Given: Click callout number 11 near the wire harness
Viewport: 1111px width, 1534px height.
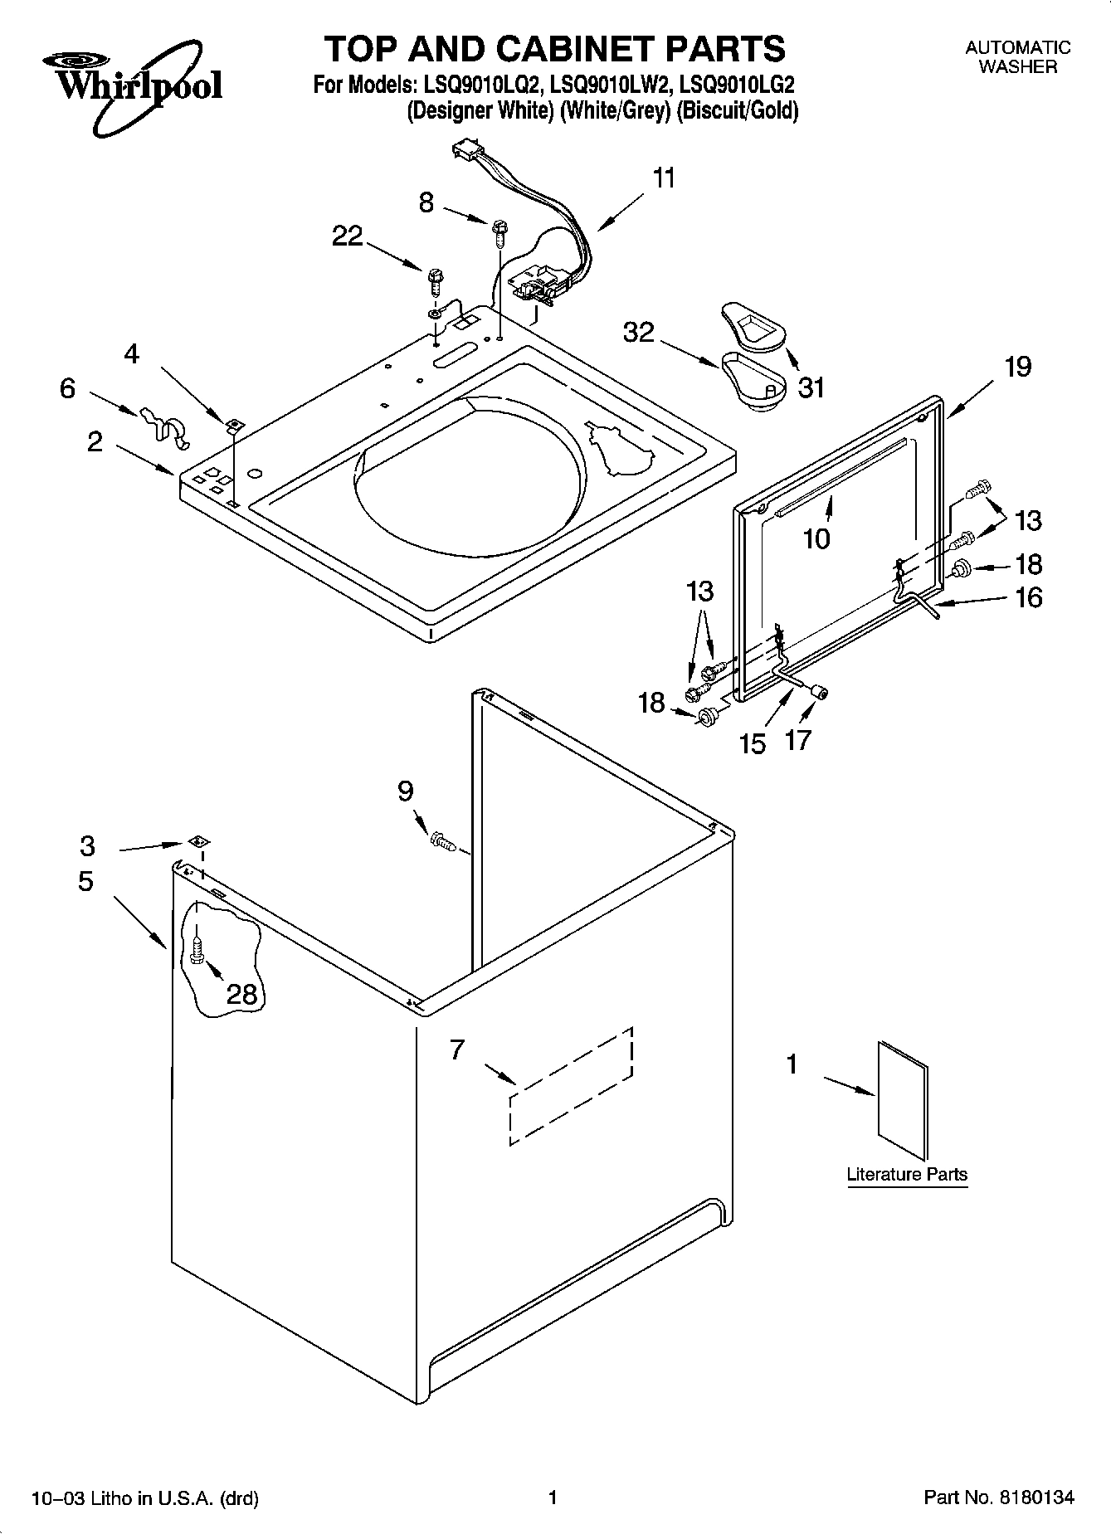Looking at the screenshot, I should coord(664,178).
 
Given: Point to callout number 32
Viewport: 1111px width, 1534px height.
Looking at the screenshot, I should coord(639,333).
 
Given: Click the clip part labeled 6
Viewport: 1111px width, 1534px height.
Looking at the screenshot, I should coord(163,423).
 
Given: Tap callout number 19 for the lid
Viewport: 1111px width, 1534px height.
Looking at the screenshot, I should coord(1017,366).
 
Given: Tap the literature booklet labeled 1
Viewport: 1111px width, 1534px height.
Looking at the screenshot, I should coord(903,1100).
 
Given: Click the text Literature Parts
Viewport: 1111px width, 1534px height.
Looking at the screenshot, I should coord(906,1175).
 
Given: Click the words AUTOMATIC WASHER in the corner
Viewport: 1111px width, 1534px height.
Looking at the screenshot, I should coord(1017,57).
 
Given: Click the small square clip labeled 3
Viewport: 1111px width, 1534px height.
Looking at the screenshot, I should coord(197,841).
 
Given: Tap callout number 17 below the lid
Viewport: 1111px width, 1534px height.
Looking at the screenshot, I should coord(797,740).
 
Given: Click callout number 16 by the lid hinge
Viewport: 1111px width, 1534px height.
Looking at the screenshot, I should coord(1028,597).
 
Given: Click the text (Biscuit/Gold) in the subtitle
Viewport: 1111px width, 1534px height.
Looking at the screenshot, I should coord(737,110).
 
